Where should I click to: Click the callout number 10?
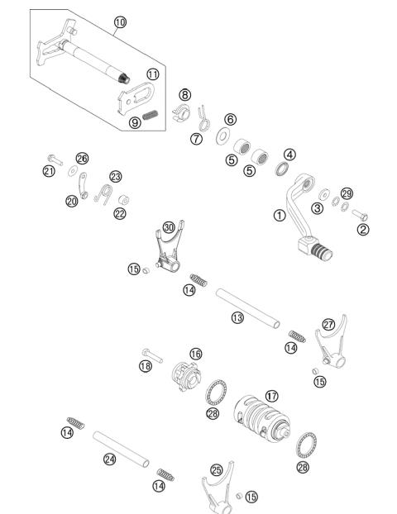121,22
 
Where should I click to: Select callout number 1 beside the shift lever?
279,216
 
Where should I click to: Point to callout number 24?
109,459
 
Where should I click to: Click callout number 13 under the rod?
237,318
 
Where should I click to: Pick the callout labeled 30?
169,226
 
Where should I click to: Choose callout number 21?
49,171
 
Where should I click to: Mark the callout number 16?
195,354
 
